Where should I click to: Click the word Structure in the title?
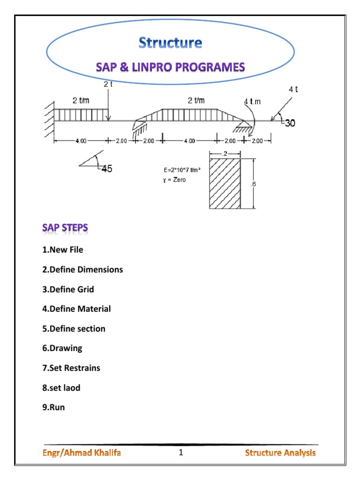click(170, 43)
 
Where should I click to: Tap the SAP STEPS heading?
click(65, 228)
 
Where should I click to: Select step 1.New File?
click(62, 250)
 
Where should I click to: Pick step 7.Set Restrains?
click(71, 368)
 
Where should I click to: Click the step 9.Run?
click(53, 407)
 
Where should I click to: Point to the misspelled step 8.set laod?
click(61, 388)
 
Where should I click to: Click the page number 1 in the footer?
click(180, 453)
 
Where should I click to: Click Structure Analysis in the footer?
click(280, 453)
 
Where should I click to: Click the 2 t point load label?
click(108, 84)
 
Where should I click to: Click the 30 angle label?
click(290, 123)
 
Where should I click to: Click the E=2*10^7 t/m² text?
click(182, 170)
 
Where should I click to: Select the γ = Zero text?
click(174, 180)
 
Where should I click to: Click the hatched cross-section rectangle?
click(225, 183)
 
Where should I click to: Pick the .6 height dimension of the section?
click(253, 184)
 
